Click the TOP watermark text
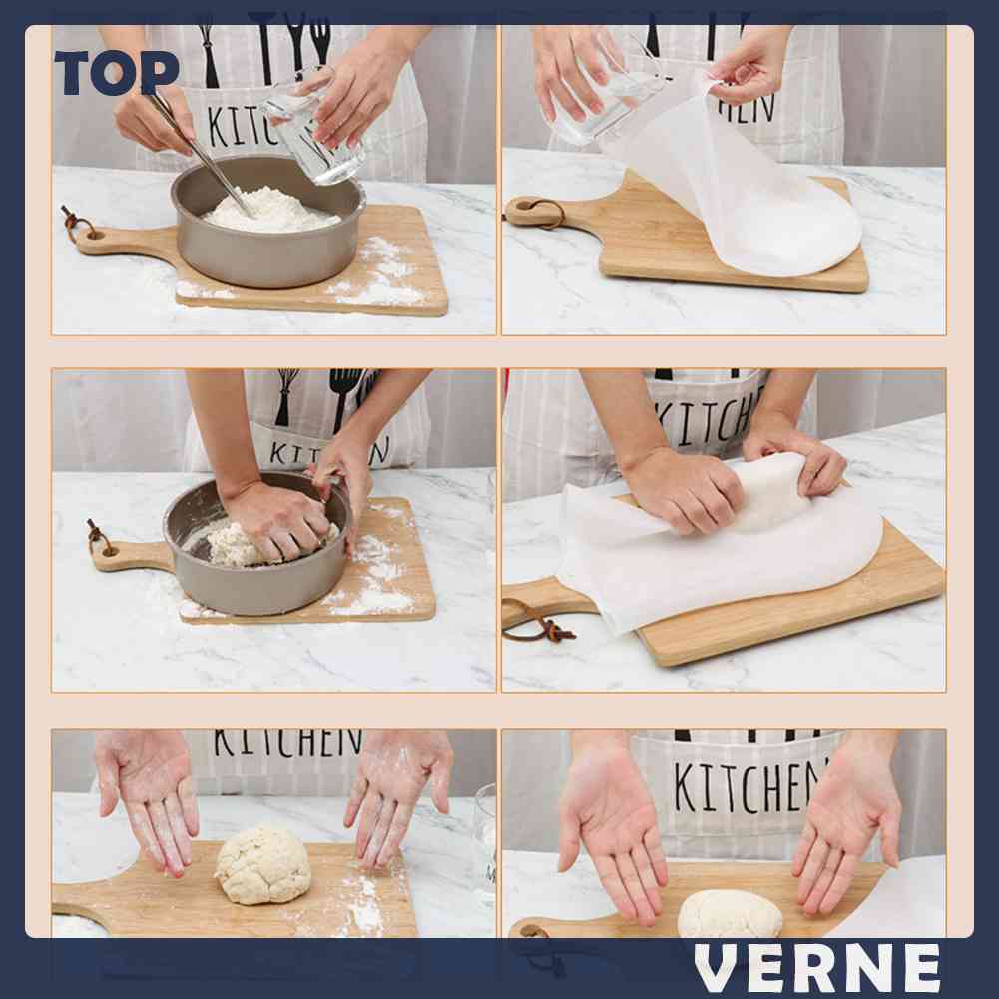pyautogui.click(x=116, y=73)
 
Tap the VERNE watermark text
pyautogui.click(x=818, y=967)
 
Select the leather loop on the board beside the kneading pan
pyautogui.click(x=98, y=537)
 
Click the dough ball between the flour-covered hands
pyautogui.click(x=262, y=864)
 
